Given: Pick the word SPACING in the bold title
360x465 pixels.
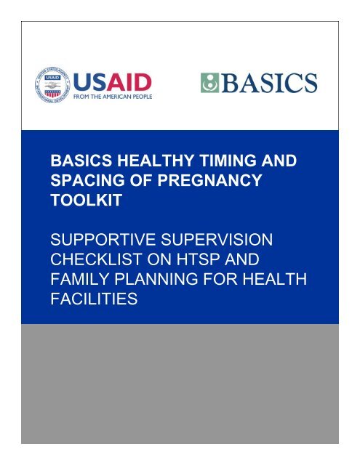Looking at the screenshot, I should (79, 175).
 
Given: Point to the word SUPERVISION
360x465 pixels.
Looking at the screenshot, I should (218, 238).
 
